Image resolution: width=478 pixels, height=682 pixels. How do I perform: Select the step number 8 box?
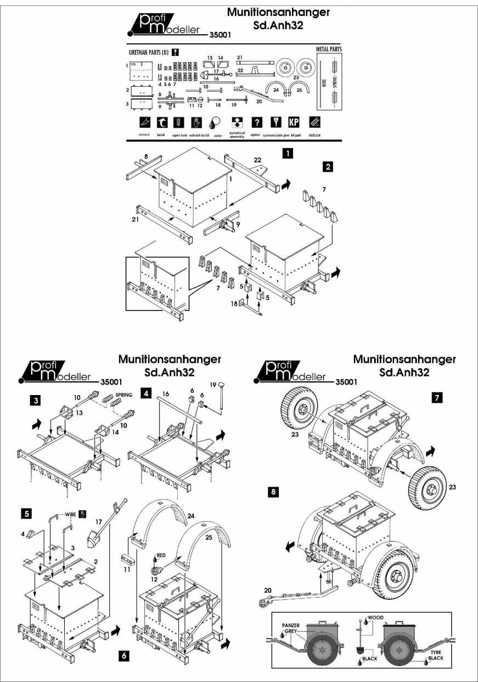pos(272,492)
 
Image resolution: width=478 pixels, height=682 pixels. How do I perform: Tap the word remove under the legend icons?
pos(144,135)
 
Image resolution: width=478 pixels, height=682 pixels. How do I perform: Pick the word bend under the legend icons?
pos(161,135)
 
